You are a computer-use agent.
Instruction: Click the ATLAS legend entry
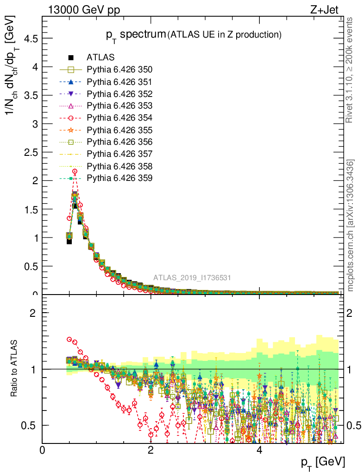click(100, 58)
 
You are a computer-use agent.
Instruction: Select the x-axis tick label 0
click(43, 450)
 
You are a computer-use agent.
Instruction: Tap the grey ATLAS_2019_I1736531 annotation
click(192, 278)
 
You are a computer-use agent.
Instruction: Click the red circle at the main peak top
click(75, 172)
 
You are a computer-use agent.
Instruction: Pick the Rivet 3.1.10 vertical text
click(350, 70)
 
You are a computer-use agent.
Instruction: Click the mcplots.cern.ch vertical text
click(350, 225)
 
